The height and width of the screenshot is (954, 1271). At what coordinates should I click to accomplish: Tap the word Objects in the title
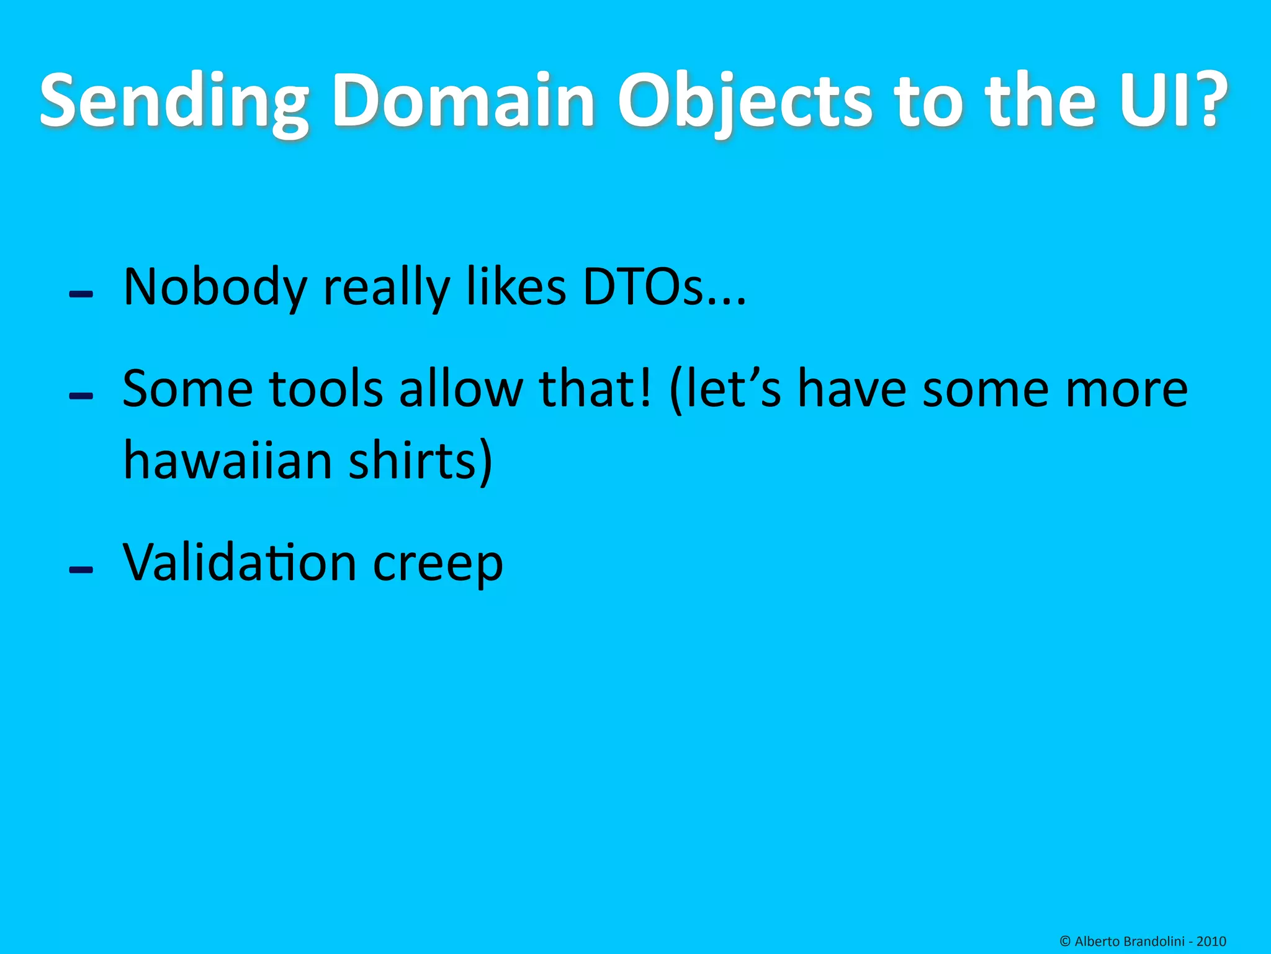(745, 101)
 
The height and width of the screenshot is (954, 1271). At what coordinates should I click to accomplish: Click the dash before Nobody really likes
(81, 294)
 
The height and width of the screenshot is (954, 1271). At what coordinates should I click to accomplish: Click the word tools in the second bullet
(325, 389)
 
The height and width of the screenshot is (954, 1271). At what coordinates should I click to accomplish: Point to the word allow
(461, 389)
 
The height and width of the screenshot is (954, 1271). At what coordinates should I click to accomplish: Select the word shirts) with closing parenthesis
(420, 461)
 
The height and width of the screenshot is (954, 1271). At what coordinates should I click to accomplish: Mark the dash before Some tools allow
(81, 396)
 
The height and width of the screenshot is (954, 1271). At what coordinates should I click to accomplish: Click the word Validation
(240, 563)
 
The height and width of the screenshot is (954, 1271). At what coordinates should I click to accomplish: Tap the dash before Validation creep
(81, 570)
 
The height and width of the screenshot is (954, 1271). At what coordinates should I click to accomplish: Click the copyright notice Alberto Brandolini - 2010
(1143, 941)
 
